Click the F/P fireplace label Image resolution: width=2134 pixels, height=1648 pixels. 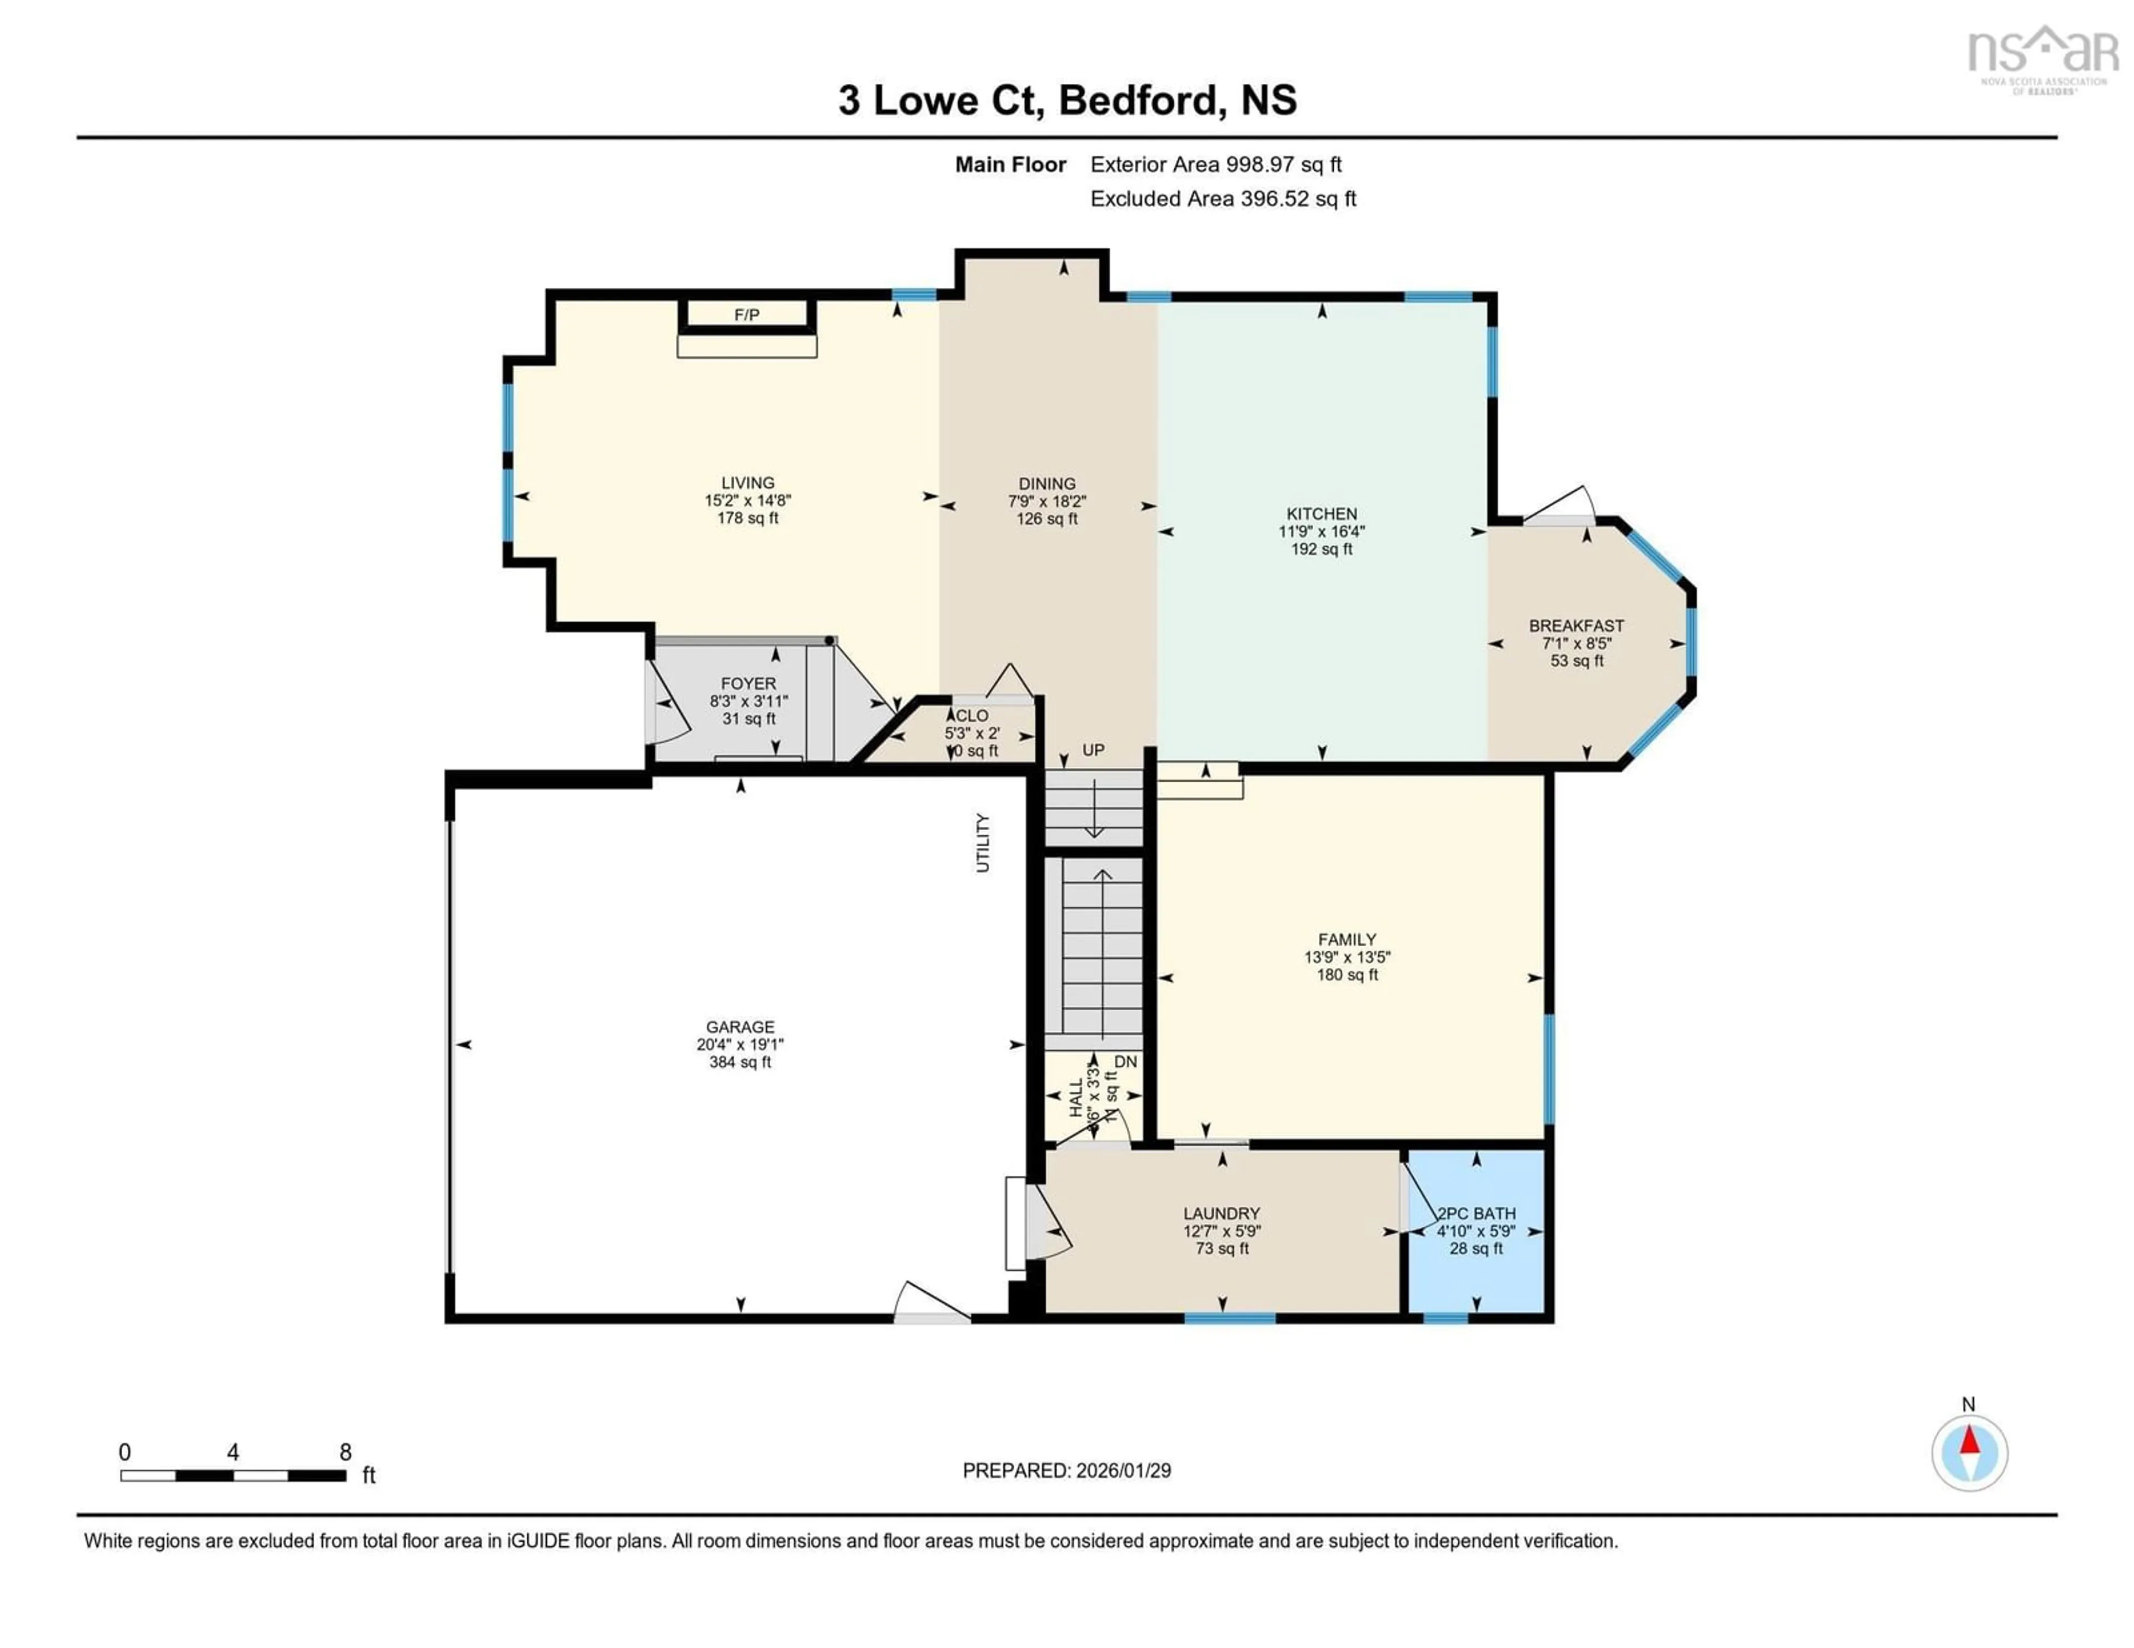tap(746, 314)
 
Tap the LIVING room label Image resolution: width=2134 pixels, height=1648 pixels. tap(747, 483)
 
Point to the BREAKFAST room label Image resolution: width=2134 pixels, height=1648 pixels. tap(1576, 625)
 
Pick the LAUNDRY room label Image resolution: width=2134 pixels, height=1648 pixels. tap(1221, 1213)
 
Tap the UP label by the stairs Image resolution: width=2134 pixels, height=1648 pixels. tap(1093, 750)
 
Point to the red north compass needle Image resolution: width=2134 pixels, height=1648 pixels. tap(1970, 1441)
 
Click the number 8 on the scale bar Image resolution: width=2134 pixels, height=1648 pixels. tap(345, 1452)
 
